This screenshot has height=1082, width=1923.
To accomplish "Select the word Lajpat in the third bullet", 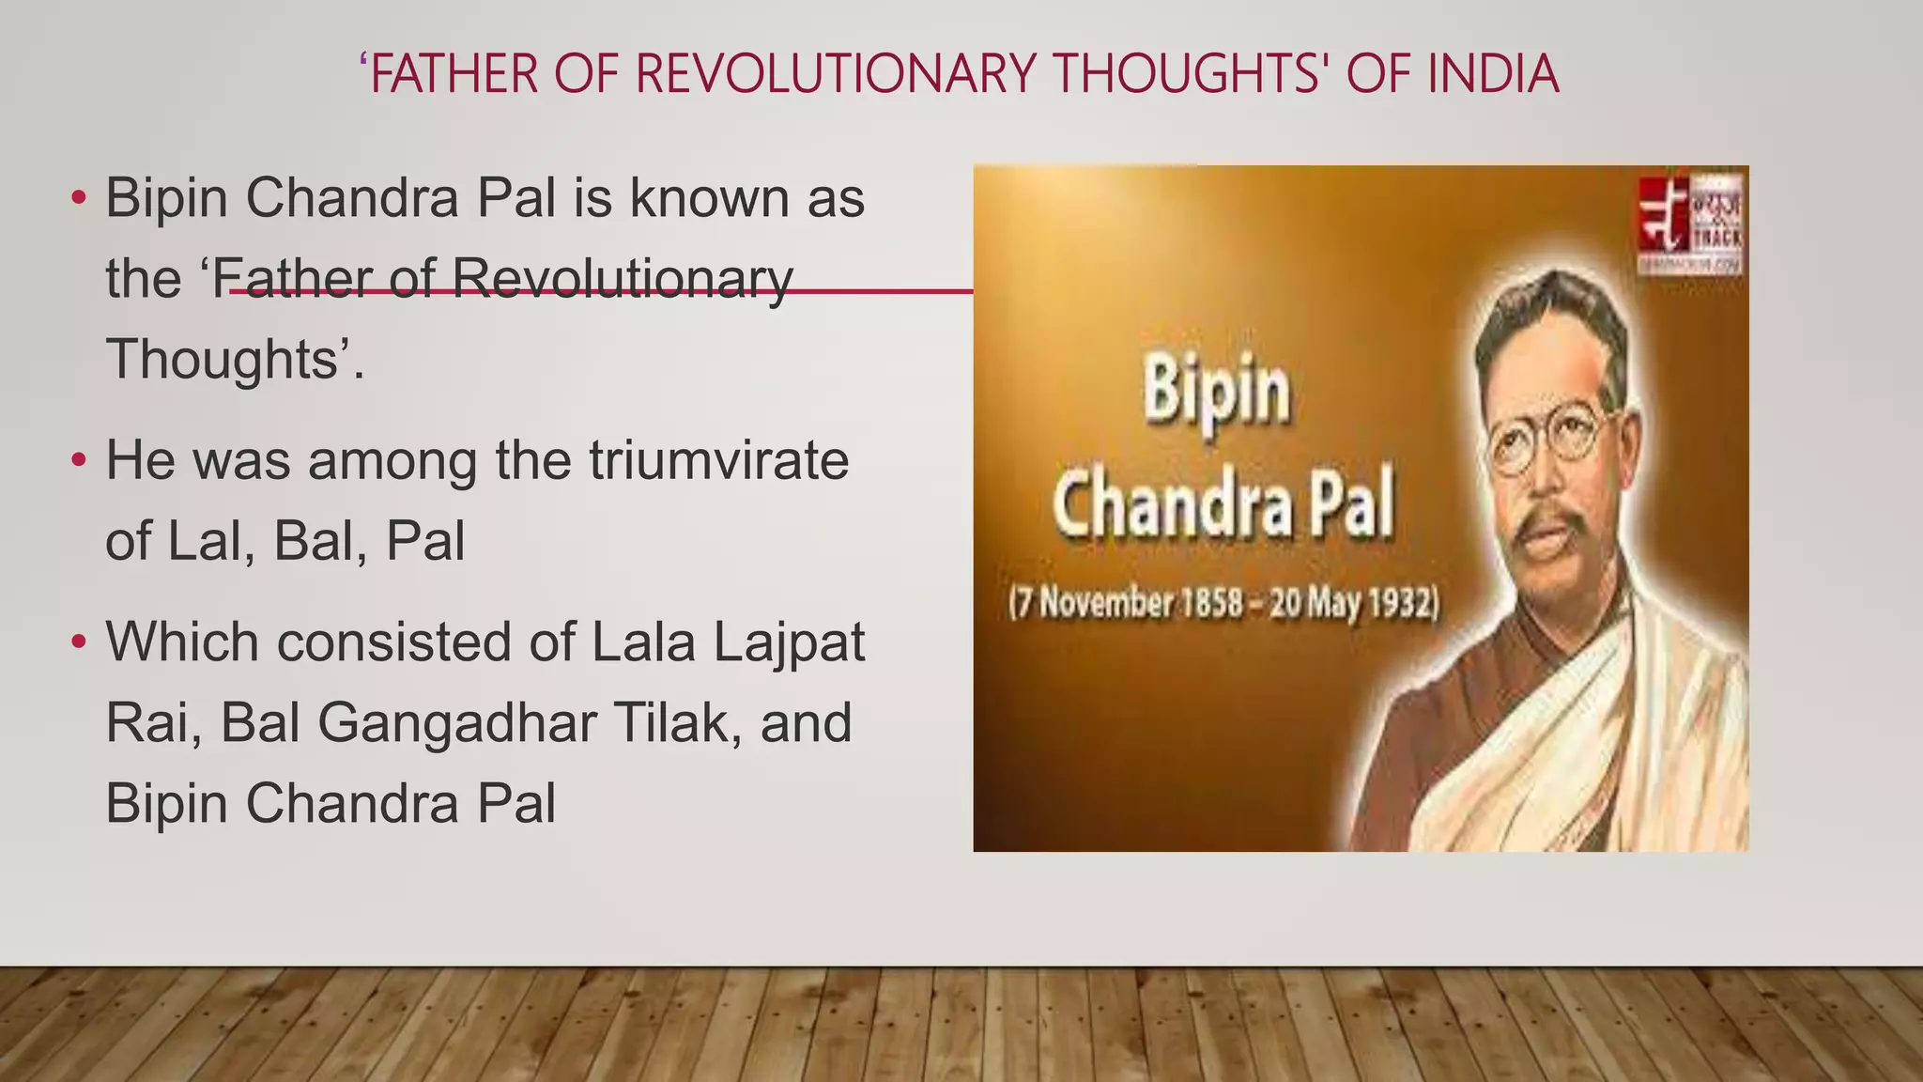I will click(x=789, y=643).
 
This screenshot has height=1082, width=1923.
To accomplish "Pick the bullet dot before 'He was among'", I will click(x=79, y=460).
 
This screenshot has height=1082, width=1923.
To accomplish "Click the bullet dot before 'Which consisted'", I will click(x=79, y=642).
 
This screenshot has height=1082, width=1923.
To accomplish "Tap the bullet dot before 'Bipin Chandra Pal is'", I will click(x=79, y=198).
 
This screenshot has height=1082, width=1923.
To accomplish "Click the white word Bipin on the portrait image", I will click(x=1216, y=393).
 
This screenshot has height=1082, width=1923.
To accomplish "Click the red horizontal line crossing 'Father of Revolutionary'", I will click(x=883, y=291).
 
